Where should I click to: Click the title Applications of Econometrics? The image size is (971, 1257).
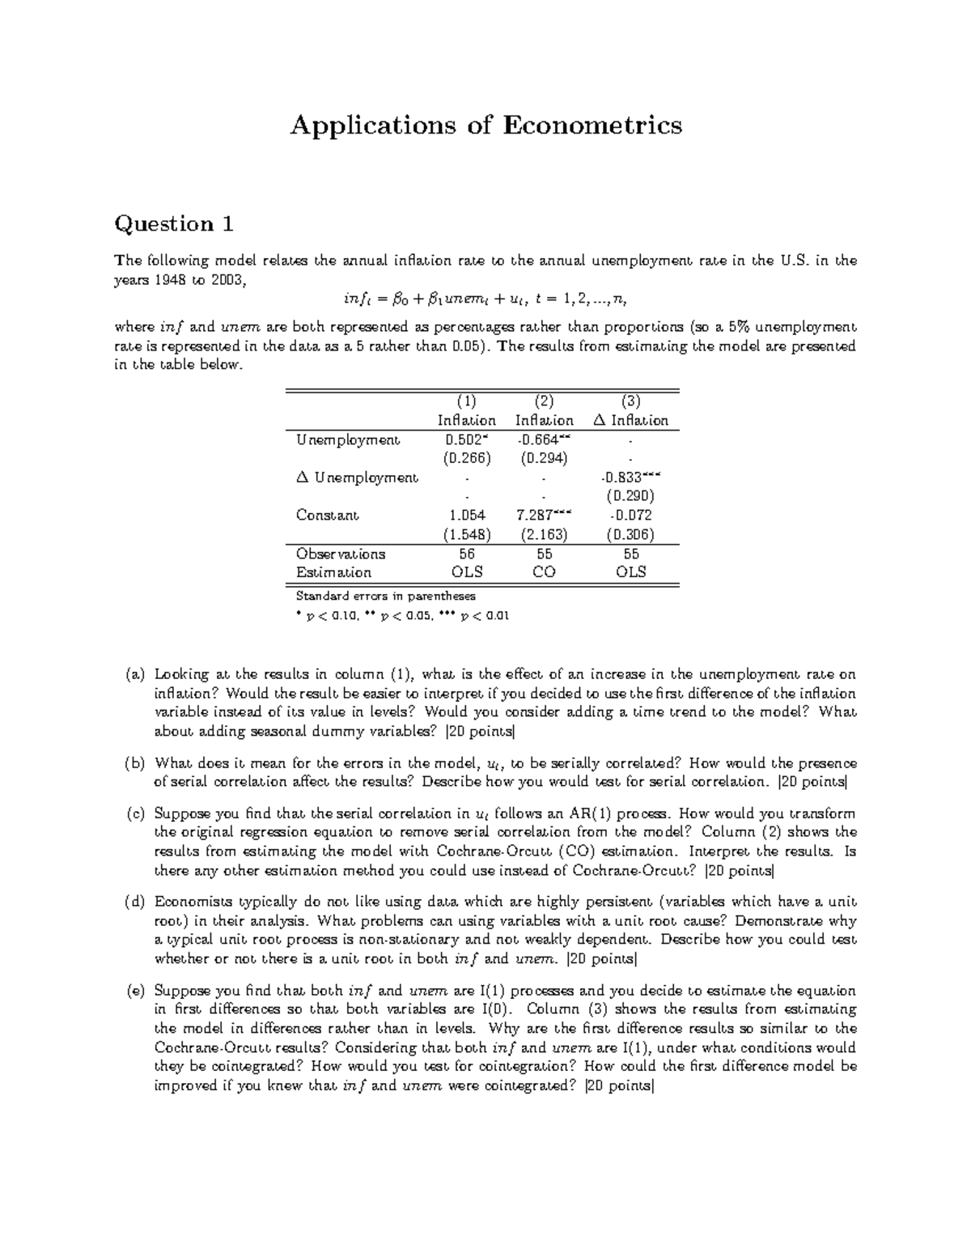coord(485,125)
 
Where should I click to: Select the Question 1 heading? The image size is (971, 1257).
coord(174,224)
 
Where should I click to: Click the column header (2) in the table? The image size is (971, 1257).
coord(544,401)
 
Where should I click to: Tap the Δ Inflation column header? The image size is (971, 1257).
coord(630,420)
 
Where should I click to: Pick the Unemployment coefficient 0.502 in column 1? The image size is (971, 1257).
coord(465,440)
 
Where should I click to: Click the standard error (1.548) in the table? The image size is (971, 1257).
coord(467,534)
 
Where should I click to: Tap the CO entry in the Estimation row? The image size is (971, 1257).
coord(544,572)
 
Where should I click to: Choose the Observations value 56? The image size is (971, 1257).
coord(467,554)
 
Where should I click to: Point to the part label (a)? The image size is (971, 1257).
coord(134,674)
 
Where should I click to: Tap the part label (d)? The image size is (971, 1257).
coord(134,902)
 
